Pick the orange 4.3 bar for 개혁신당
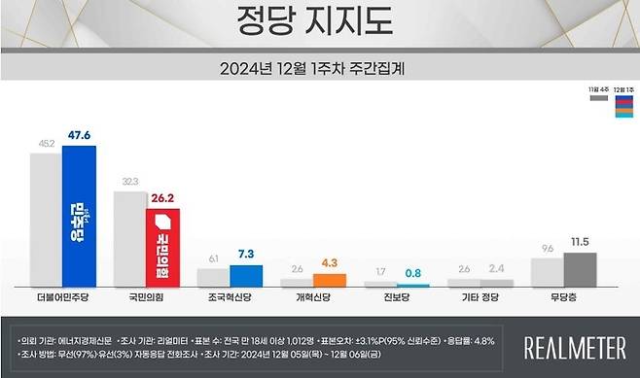pos(330,280)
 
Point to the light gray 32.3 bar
pos(129,238)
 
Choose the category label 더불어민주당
pos(61,296)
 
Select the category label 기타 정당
pos(480,296)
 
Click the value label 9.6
pos(546,248)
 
